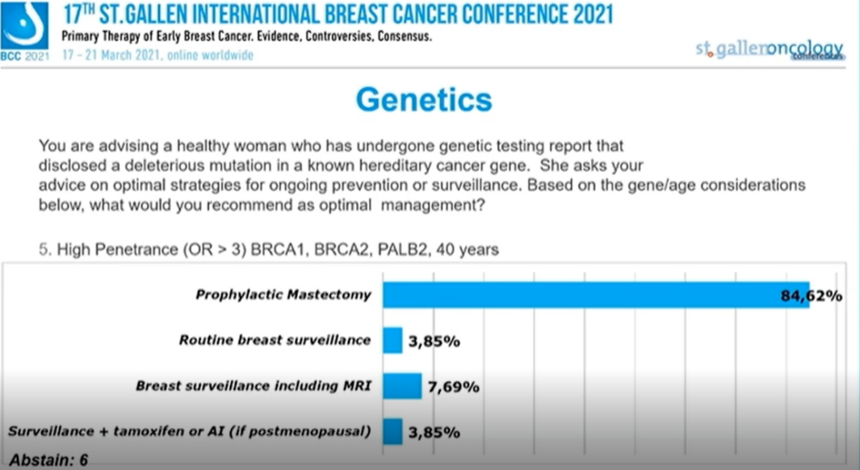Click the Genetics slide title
[423, 99]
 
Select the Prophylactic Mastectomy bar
[595, 295]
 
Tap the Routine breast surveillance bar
[392, 340]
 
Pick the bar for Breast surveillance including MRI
[402, 386]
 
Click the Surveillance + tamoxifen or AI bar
[392, 431]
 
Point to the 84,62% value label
[811, 296]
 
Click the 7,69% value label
[454, 387]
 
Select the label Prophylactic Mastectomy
[283, 295]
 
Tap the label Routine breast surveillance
[275, 340]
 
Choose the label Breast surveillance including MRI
[254, 386]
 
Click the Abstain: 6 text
[48, 460]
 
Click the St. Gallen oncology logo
[769, 49]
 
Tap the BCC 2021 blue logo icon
[24, 27]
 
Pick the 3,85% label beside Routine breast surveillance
[434, 341]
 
